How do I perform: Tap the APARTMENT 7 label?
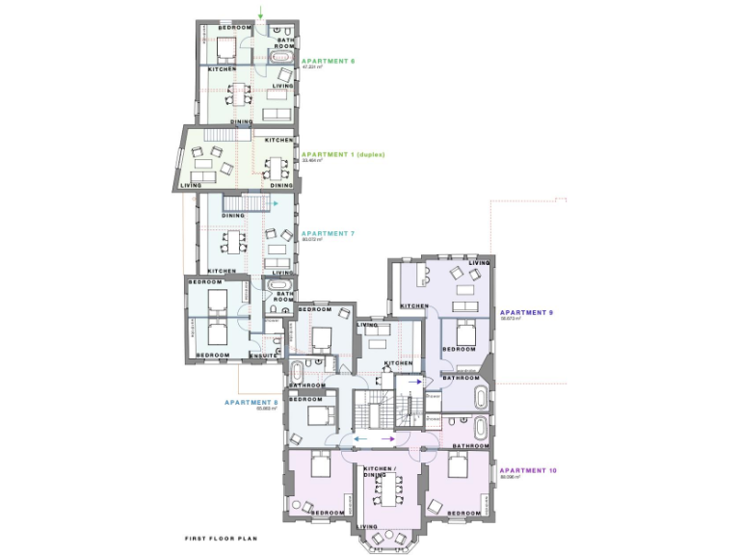(328, 233)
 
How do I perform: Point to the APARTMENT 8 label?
(251, 402)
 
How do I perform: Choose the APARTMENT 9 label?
(525, 312)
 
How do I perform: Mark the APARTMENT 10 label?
(527, 469)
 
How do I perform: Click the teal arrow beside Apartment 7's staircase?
(276, 204)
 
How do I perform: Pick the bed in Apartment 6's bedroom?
(227, 46)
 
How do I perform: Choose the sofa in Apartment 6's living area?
(277, 114)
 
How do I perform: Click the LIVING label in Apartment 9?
(479, 262)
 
